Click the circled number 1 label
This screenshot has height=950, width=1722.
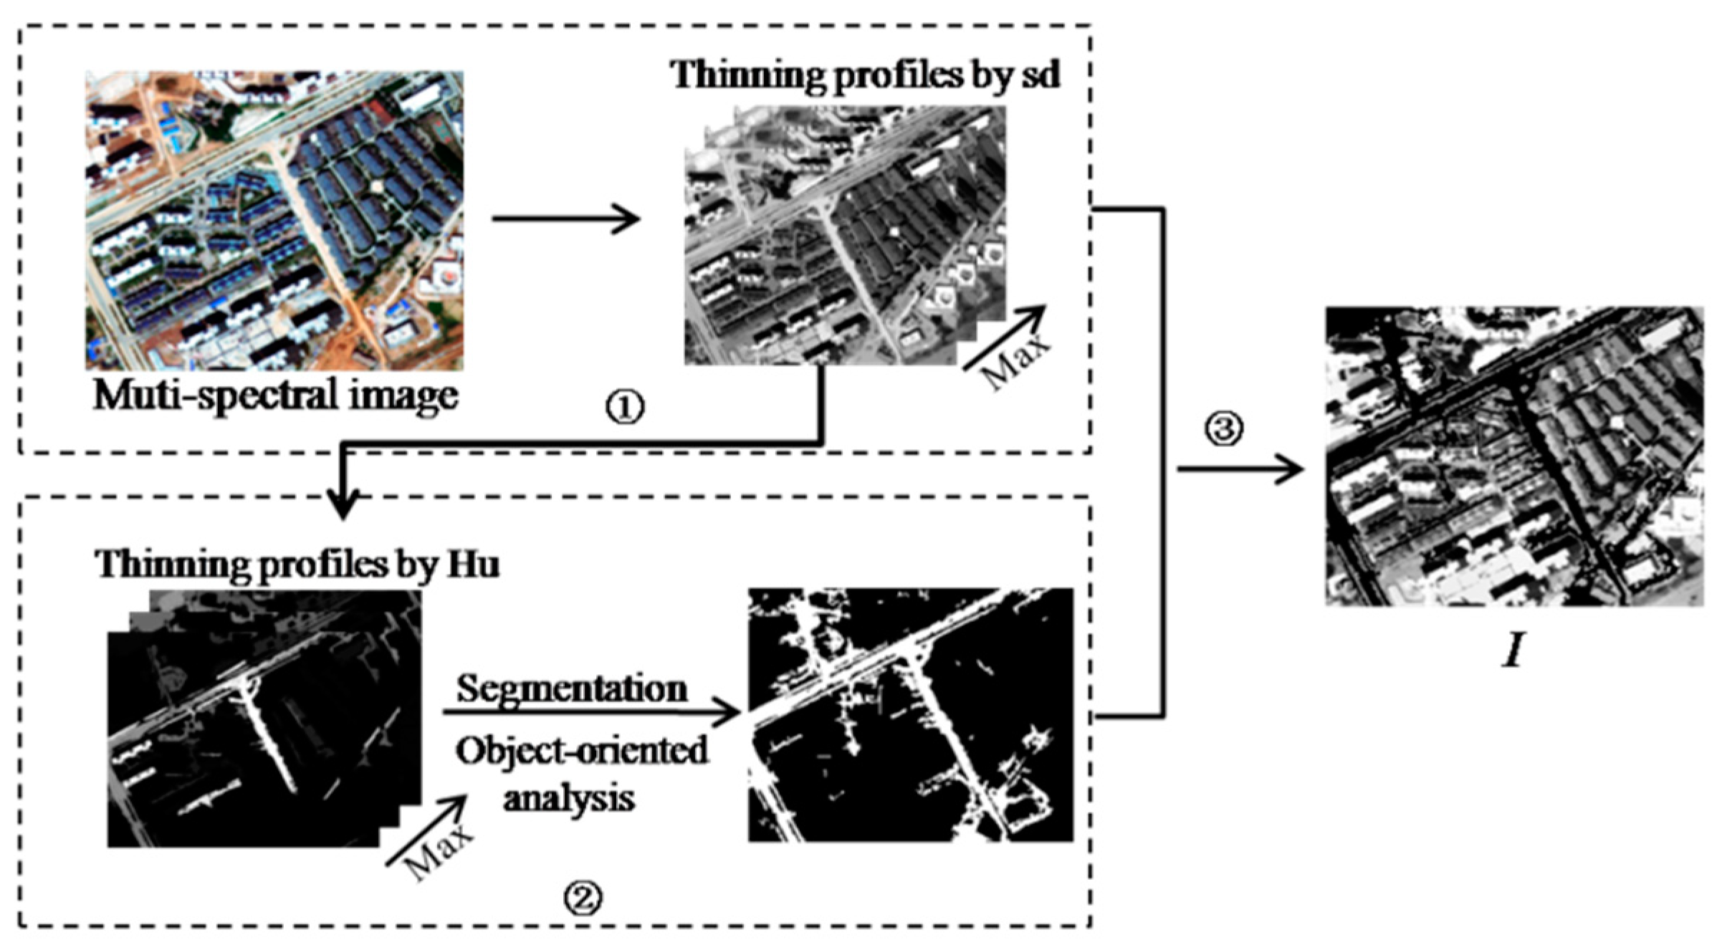(625, 407)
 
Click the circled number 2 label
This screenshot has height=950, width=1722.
(582, 896)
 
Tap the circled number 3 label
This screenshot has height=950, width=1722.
(1223, 428)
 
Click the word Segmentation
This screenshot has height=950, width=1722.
(572, 689)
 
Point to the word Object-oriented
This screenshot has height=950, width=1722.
(581, 751)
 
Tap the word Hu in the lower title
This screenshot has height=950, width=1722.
(473, 565)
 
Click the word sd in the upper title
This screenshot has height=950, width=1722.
(1040, 75)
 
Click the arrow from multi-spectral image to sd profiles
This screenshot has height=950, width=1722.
(566, 219)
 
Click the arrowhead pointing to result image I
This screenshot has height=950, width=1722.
(1290, 470)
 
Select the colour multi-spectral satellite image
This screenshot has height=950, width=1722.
(274, 220)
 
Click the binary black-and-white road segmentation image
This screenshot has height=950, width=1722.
(910, 715)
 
